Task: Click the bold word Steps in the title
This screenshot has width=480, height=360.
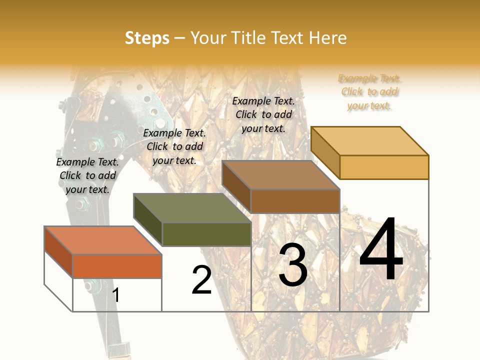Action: point(147,38)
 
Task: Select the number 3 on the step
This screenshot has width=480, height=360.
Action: point(292,265)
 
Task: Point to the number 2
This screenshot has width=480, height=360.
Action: point(201,280)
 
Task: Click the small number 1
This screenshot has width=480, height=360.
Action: point(116,295)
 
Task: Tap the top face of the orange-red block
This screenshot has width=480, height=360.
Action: point(103,240)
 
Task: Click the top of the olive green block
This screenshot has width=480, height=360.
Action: point(192,208)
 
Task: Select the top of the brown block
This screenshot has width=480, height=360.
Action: point(280,175)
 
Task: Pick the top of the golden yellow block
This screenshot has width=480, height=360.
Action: point(369,140)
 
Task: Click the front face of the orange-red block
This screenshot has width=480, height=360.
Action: point(117,266)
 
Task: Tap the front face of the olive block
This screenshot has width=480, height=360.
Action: point(206,234)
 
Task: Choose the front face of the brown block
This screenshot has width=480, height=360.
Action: point(295,201)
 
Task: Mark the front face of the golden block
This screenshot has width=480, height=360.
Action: point(384,167)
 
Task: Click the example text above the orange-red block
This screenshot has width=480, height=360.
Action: point(87,175)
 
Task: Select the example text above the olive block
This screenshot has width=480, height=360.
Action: point(174,146)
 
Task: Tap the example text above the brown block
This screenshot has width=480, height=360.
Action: point(263,114)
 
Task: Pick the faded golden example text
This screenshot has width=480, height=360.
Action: point(369,92)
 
